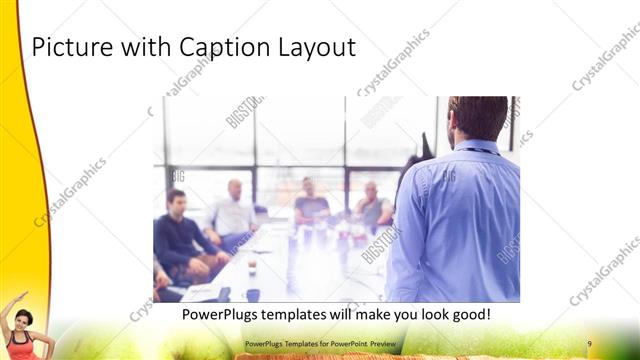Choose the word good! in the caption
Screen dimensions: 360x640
(467, 314)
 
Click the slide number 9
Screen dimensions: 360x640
(589, 344)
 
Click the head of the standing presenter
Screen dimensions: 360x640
(477, 118)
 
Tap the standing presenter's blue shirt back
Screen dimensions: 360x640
(460, 220)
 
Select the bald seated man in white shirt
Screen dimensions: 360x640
(234, 212)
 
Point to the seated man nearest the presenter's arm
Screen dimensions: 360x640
(372, 207)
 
